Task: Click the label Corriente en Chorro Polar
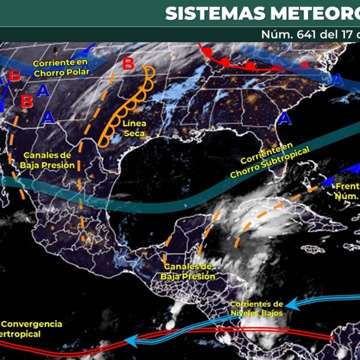tap(61, 68)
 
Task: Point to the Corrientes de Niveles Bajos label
tap(256, 308)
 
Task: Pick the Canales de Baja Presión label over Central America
tap(187, 272)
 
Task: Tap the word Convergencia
tap(31, 324)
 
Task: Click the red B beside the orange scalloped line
tap(128, 64)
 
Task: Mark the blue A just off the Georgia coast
tap(283, 116)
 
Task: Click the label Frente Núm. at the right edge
tap(346, 190)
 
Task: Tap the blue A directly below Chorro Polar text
tap(42, 91)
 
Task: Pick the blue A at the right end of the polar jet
tap(338, 79)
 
